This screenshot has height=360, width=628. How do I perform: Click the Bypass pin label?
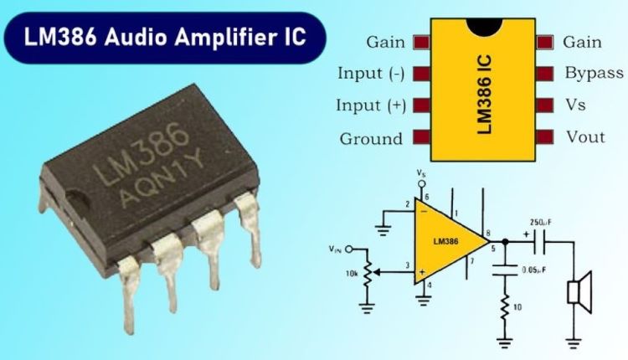pos(594,74)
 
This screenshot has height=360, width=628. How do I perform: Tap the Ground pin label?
pos(371,139)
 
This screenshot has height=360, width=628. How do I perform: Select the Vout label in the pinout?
pos(585,137)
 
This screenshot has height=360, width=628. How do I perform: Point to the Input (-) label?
pos(371,74)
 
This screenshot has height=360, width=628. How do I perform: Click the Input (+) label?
pos(371,105)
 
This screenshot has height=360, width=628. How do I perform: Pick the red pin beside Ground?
pos(421,137)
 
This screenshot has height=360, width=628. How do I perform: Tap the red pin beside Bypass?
pos(545,74)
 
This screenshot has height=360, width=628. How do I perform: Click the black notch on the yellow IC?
pos(484,26)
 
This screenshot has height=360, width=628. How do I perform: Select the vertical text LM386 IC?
pos(484,95)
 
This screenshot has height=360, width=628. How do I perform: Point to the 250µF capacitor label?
pos(540,223)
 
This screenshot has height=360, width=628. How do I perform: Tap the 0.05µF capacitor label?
pos(534,270)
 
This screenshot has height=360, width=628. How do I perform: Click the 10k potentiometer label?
pos(351,275)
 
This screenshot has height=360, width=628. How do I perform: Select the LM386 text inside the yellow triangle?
pos(445,241)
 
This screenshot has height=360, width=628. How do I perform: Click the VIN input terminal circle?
pos(349,249)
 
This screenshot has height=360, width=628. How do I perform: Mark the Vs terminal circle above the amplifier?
pos(421,184)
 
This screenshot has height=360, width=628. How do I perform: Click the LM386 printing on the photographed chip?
pos(140,153)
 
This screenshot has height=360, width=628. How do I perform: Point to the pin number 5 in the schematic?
pos(493,249)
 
